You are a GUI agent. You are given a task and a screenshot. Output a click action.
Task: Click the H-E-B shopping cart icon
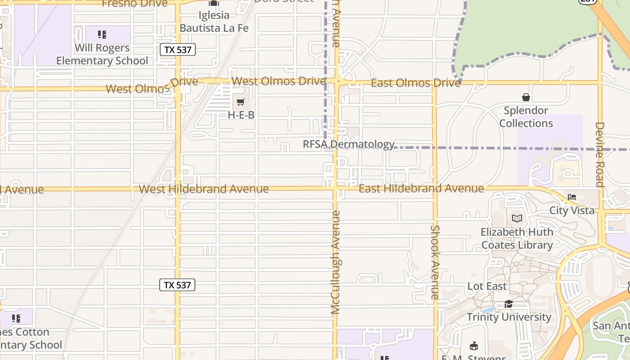pyautogui.click(x=241, y=102)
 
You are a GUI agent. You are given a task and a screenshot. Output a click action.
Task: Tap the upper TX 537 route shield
pyautogui.click(x=178, y=49)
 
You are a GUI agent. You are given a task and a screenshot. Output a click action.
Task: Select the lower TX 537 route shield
pyautogui.click(x=177, y=285)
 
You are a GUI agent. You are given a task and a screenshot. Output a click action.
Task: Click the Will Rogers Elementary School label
pyautogui.click(x=102, y=54)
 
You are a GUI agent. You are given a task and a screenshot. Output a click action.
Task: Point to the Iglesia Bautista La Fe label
pyautogui.click(x=214, y=22)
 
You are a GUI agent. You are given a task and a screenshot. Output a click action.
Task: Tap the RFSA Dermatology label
pyautogui.click(x=349, y=144)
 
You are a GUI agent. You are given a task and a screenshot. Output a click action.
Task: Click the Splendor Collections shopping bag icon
pyautogui.click(x=526, y=97)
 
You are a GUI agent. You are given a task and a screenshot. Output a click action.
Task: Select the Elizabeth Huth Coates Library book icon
pyautogui.click(x=517, y=219)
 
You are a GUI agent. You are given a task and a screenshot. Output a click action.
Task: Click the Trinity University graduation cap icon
pyautogui.click(x=508, y=304)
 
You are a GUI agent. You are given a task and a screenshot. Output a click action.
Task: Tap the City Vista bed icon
pyautogui.click(x=572, y=197)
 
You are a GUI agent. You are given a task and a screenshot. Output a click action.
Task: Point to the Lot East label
pyautogui.click(x=487, y=286)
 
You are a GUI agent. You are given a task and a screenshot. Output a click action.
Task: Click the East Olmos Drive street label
pyautogui.click(x=416, y=83)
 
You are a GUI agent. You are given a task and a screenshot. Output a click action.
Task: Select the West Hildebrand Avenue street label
pyautogui.click(x=204, y=189)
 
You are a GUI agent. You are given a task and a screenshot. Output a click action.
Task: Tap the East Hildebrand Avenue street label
pyautogui.click(x=421, y=189)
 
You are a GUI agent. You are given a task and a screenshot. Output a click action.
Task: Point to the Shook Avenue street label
pyautogui.click(x=435, y=262)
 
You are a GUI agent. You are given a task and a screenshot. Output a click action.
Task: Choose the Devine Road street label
pyautogui.click(x=599, y=154)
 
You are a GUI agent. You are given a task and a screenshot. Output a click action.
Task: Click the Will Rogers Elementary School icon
pyautogui.click(x=102, y=35)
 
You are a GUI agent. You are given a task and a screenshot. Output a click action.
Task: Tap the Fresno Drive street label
pyautogui.click(x=135, y=4)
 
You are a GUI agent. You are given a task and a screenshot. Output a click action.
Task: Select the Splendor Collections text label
pyautogui.click(x=526, y=117)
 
